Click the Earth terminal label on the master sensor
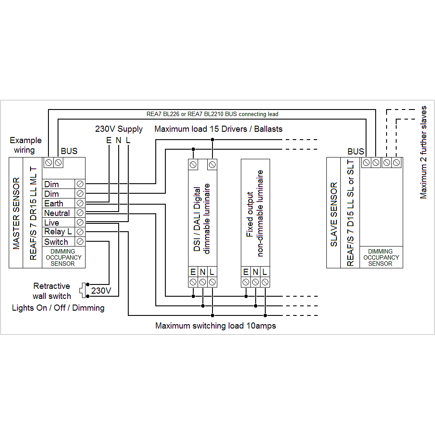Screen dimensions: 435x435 (54, 203)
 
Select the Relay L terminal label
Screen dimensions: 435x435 (58, 232)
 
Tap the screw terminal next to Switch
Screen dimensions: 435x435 (80, 241)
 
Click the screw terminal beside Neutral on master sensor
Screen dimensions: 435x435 (80, 213)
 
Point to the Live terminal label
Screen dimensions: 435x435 (51, 223)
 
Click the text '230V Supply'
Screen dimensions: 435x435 (119, 129)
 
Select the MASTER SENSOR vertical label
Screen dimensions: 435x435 (17, 213)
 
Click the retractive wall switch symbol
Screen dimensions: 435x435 (83, 290)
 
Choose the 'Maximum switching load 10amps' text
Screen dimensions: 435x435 (216, 326)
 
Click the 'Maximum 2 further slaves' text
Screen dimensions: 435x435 (424, 152)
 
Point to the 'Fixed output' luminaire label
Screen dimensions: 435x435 (250, 214)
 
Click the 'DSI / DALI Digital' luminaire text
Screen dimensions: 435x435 (197, 219)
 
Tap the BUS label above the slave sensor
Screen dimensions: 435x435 (356, 151)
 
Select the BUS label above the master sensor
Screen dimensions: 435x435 (69, 151)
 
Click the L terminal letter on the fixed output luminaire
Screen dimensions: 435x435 (264, 272)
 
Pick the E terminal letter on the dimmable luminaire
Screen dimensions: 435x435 (193, 272)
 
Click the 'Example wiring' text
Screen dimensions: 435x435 (26, 145)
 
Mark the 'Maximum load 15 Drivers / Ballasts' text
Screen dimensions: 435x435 (218, 129)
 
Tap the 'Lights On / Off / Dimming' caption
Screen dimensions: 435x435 (58, 308)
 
